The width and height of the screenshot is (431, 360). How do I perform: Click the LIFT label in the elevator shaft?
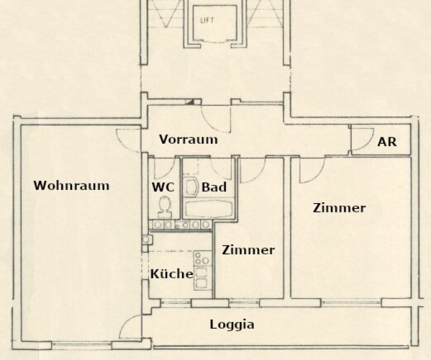207,21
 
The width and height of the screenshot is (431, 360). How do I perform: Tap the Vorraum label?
188,139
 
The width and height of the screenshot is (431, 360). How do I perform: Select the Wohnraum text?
71,186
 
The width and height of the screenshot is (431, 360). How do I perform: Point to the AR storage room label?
387,142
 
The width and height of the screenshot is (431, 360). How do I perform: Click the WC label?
163,187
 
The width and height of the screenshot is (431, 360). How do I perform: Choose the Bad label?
214,187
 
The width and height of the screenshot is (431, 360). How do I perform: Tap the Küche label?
172,274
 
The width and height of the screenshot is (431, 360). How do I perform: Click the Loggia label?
232,324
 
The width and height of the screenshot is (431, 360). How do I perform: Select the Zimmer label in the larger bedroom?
339,207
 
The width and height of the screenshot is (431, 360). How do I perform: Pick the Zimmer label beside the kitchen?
248,250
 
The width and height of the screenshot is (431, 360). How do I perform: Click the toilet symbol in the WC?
165,206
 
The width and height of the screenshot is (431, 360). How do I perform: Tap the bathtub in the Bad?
209,209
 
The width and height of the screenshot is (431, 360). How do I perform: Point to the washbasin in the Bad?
191,187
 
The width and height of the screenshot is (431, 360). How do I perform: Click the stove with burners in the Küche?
203,258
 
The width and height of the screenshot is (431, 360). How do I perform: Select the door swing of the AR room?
362,139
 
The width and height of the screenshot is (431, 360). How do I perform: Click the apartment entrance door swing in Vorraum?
216,119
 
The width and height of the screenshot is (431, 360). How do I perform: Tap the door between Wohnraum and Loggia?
131,326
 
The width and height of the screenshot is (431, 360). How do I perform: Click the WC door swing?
165,168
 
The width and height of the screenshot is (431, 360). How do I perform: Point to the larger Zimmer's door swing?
312,170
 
